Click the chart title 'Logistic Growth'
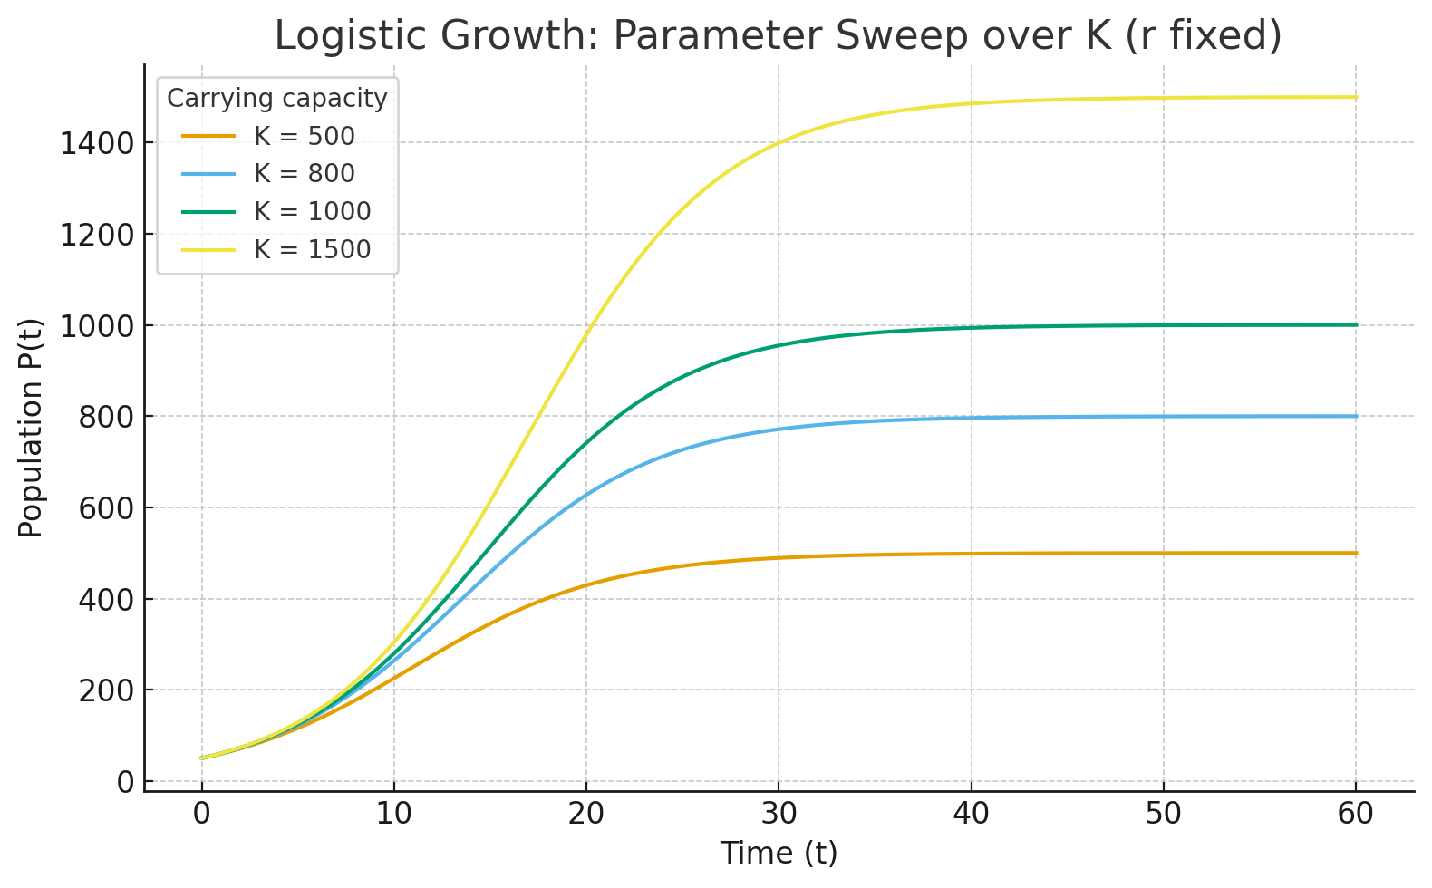(778, 36)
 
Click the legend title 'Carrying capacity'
(276, 98)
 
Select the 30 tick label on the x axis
(779, 814)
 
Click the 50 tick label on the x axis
(1164, 814)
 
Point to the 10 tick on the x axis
(394, 814)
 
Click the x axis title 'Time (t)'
(779, 854)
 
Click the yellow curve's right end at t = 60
(1356, 97)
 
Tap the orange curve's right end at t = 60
(1356, 553)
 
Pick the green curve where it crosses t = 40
(972, 327)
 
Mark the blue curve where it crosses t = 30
(779, 429)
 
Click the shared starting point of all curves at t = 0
(202, 758)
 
